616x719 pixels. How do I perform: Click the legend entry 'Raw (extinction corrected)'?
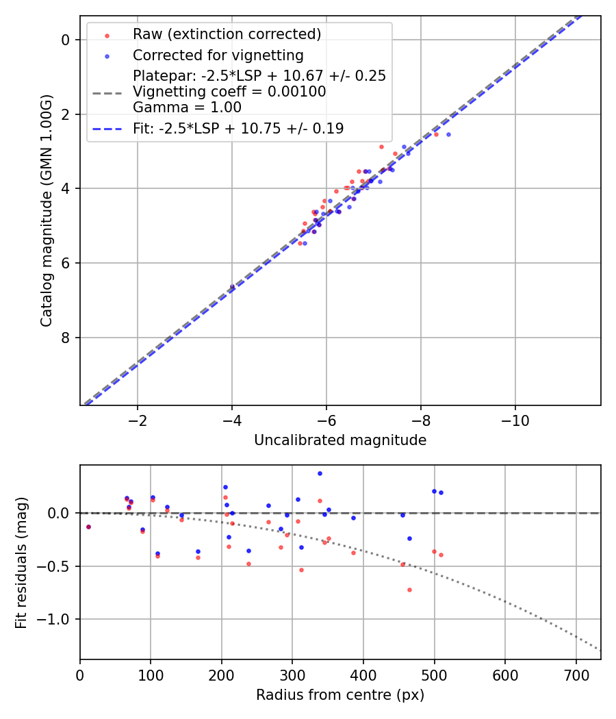[227, 34]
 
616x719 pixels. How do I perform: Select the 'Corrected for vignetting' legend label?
[218, 55]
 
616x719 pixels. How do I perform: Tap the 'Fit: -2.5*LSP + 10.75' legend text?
[238, 129]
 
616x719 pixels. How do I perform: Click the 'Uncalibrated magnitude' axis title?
[340, 440]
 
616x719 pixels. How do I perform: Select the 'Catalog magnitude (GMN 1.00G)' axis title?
[46, 210]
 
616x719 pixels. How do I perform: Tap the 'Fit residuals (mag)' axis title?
[21, 562]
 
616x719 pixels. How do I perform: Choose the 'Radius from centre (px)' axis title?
[340, 695]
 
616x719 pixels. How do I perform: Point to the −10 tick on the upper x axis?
[515, 420]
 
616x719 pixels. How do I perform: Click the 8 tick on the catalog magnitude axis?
[66, 338]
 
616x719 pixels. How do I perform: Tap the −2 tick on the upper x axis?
[138, 420]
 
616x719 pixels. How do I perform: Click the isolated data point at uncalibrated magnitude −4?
[232, 287]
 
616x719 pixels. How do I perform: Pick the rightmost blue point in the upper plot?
[448, 134]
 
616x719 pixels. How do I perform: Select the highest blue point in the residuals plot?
[320, 473]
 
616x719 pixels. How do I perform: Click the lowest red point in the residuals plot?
[409, 590]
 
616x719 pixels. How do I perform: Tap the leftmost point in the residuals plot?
[88, 527]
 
